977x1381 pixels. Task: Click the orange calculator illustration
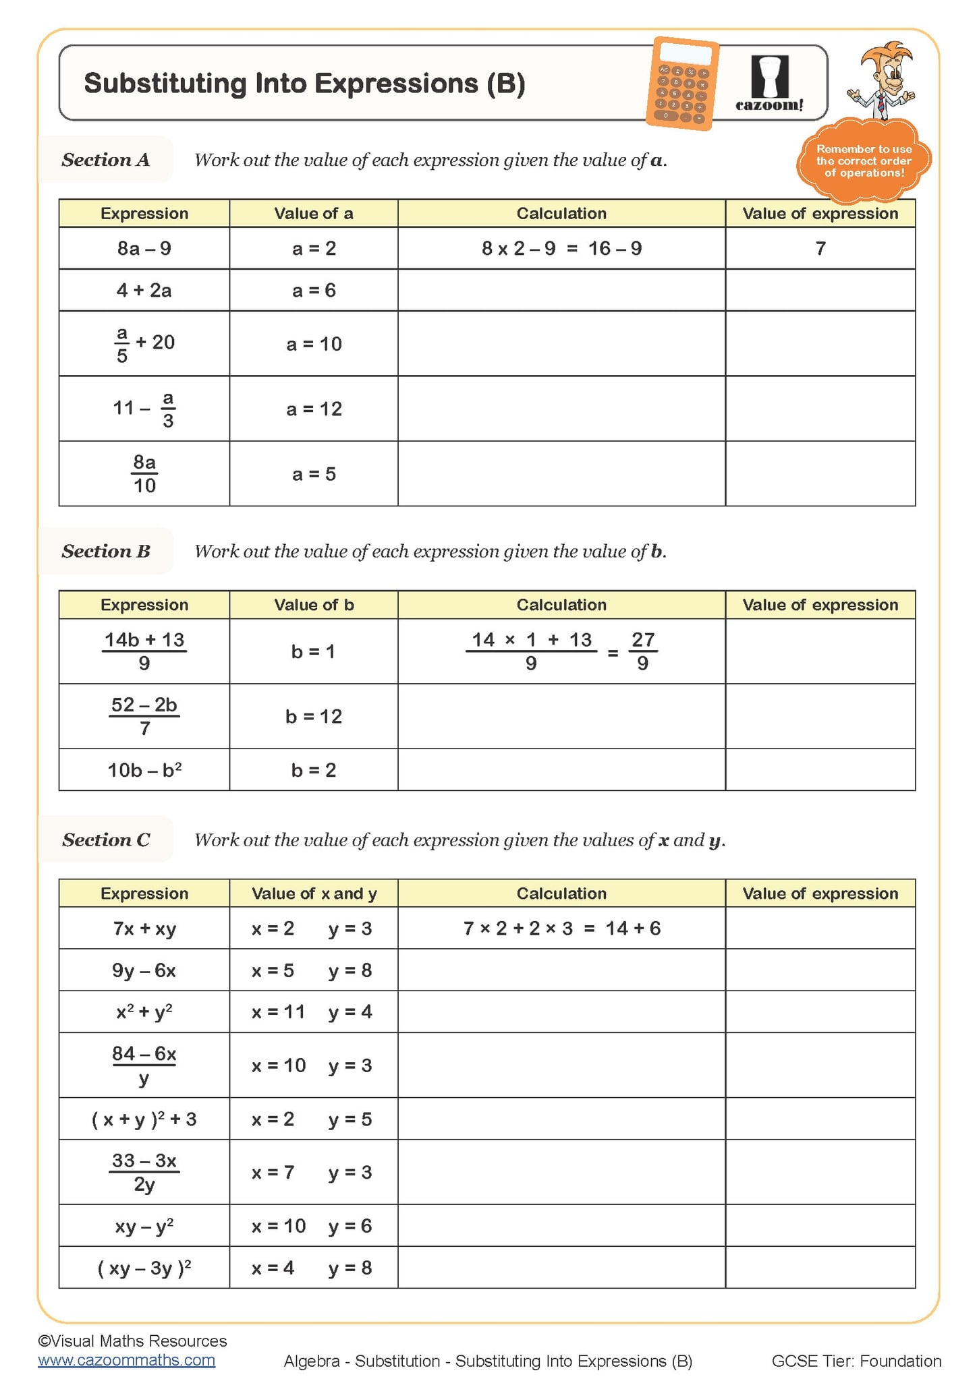tap(682, 84)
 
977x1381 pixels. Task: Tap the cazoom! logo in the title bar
tap(769, 84)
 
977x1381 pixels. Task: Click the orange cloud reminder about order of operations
tap(864, 161)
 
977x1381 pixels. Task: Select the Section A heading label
tap(106, 160)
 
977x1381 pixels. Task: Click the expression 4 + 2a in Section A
tap(144, 291)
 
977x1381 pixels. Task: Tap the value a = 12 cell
tap(314, 409)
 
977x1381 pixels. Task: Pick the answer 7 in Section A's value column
tap(820, 249)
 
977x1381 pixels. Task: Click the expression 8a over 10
tap(144, 474)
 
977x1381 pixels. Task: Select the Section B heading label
tap(106, 552)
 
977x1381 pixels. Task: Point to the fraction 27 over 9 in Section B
tap(643, 651)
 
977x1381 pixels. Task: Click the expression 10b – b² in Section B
tap(144, 770)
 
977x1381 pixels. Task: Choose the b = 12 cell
tap(314, 716)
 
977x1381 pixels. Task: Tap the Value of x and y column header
tap(314, 893)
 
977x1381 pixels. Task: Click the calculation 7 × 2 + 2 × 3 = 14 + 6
tap(561, 929)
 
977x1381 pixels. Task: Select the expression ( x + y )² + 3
tap(144, 1119)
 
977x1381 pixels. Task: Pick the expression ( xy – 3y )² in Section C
tap(144, 1268)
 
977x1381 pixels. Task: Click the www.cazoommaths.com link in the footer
tap(127, 1360)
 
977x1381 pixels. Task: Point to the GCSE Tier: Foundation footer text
tap(856, 1361)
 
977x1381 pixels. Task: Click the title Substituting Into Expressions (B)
tap(304, 84)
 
